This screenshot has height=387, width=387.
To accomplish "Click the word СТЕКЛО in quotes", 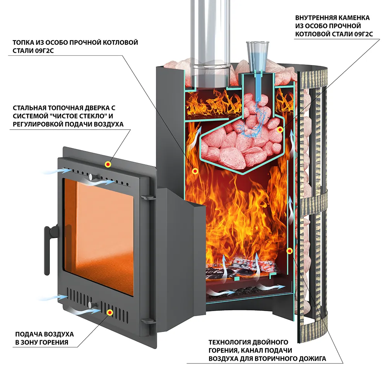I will [x=94, y=116].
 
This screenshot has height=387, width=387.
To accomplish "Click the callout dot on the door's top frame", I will [x=108, y=164].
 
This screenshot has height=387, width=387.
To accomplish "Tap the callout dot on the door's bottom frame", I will [x=110, y=312].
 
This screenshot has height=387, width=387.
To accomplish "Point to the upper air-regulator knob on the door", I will [x=90, y=177].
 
